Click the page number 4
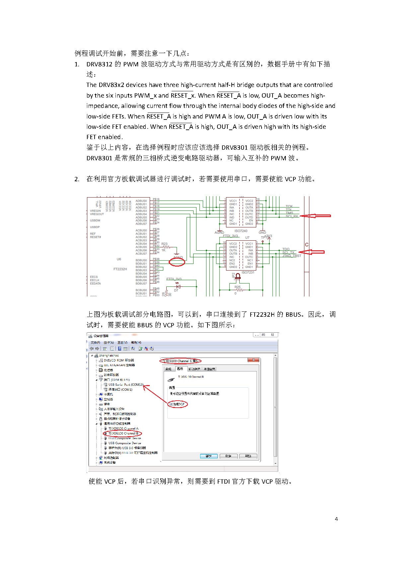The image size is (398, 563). point(336,519)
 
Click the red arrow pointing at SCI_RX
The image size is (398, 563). point(317,216)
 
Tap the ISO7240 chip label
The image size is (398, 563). point(241,231)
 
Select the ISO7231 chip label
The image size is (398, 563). point(248,272)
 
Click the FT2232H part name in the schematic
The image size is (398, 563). point(120,269)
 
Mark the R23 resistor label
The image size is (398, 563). point(164,244)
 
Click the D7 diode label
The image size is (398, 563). point(176,290)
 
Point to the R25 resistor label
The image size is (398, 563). point(237,287)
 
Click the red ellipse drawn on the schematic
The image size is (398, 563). point(177,262)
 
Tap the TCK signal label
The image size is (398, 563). point(289,206)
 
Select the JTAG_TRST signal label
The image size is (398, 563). point(292,256)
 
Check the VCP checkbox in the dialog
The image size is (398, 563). point(171,404)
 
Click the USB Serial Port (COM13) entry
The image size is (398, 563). point(125,385)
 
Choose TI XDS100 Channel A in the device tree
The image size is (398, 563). point(123,429)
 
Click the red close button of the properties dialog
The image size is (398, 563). point(254,360)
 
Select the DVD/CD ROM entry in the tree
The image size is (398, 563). point(119,360)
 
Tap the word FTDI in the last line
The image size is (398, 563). point(223,481)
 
